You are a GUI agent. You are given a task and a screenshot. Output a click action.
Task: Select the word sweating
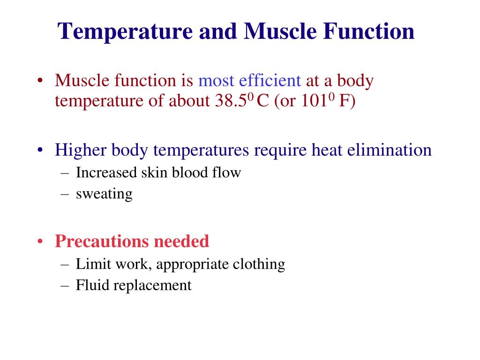tap(104, 194)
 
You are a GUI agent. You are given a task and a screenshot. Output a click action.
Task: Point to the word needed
tap(181, 241)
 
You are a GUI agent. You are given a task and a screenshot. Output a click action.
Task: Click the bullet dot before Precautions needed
tap(41, 242)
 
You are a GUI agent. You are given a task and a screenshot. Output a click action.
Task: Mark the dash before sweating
tap(65, 194)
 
